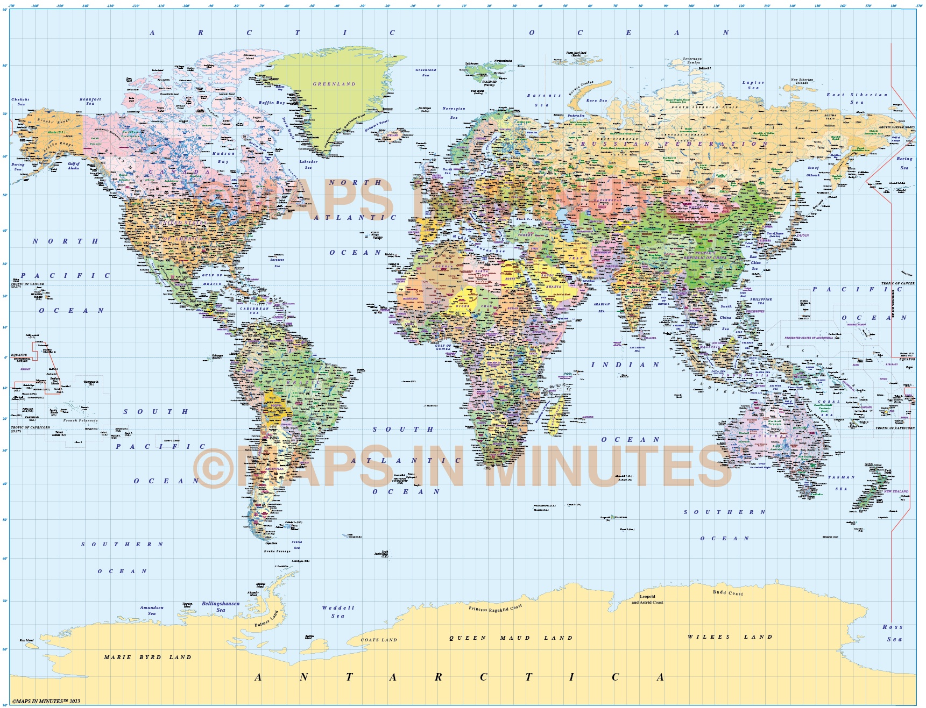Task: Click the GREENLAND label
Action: click(x=334, y=84)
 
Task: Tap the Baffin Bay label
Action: click(x=272, y=102)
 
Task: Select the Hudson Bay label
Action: click(x=223, y=157)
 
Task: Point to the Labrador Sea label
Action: click(x=308, y=164)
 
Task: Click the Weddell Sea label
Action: click(x=338, y=612)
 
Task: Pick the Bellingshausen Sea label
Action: click(x=221, y=606)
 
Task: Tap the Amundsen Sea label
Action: click(x=152, y=610)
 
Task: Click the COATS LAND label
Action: click(x=379, y=640)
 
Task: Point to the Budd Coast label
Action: click(x=728, y=592)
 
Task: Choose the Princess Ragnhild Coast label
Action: click(x=495, y=609)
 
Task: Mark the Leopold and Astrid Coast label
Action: click(x=647, y=599)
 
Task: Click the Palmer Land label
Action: click(x=267, y=619)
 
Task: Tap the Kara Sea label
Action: click(x=596, y=101)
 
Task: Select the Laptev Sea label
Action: click(x=753, y=85)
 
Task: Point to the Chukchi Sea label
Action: click(x=20, y=101)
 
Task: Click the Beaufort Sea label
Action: click(x=90, y=101)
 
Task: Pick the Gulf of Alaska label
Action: click(x=74, y=166)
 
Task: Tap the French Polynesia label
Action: click(x=81, y=420)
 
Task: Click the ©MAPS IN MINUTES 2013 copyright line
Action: click(x=46, y=701)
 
